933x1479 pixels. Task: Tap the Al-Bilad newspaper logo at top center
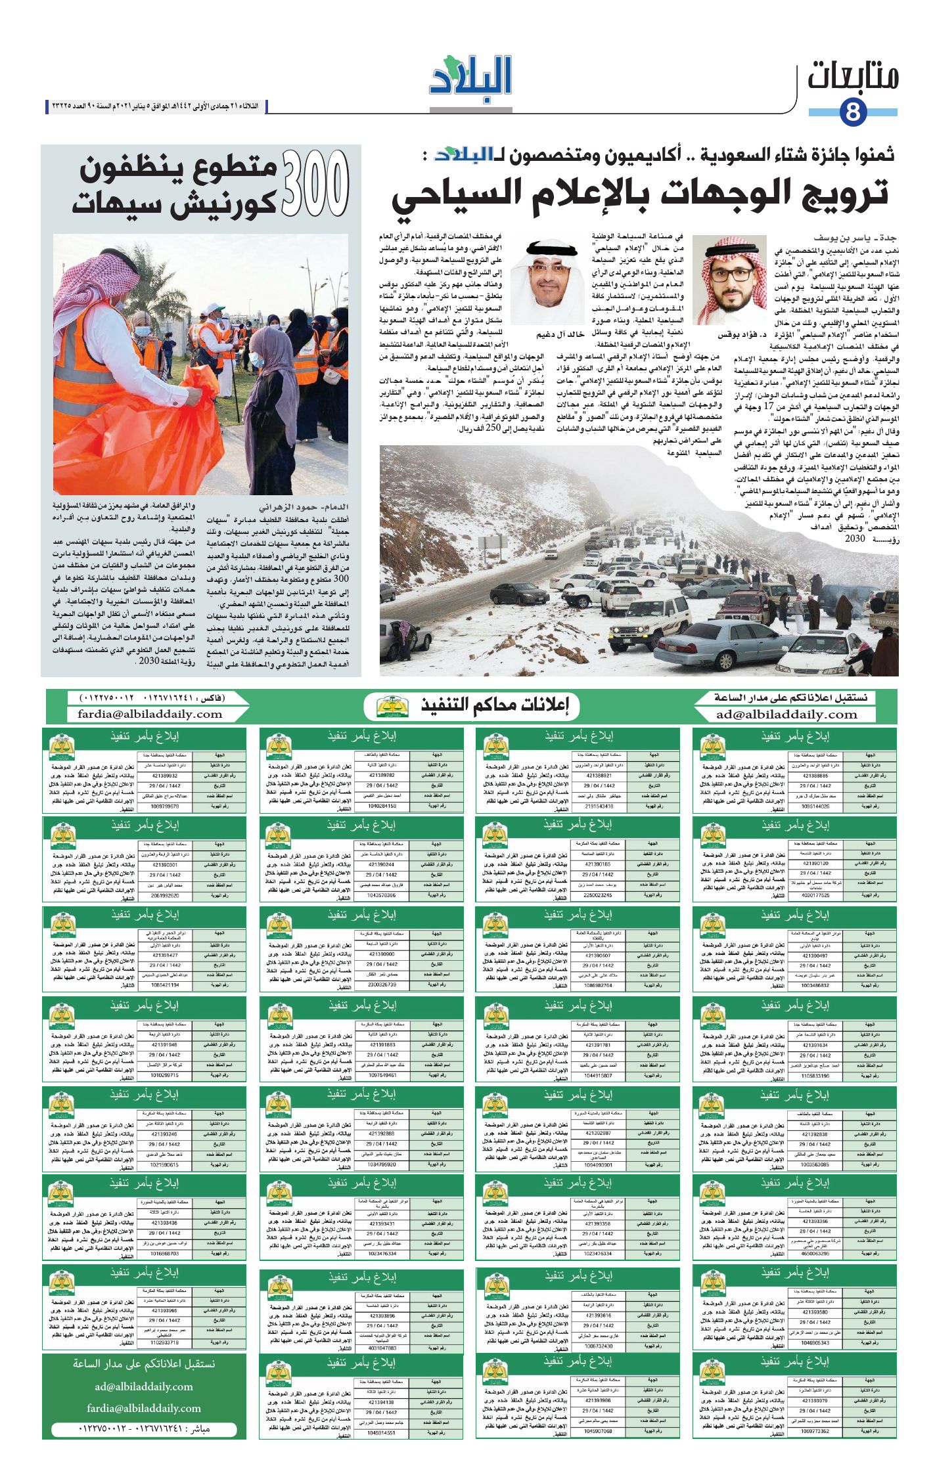(470, 80)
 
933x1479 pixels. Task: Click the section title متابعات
(852, 77)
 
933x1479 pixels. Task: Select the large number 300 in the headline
(315, 184)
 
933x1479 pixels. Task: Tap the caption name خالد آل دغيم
(559, 334)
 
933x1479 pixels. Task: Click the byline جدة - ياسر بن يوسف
(855, 238)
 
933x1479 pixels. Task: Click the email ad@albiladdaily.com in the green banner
(786, 715)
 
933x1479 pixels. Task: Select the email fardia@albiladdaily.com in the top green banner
(150, 715)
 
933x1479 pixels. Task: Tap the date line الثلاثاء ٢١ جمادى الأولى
(158, 106)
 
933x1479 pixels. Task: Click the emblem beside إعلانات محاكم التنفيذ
(393, 707)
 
